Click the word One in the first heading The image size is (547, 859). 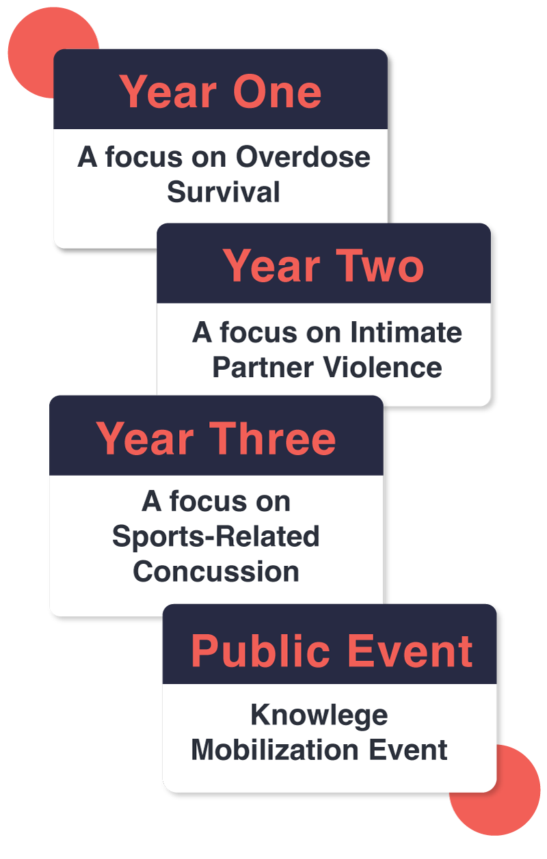pyautogui.click(x=277, y=92)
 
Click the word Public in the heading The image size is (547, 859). pyautogui.click(x=260, y=651)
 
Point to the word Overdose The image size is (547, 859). pyautogui.click(x=303, y=157)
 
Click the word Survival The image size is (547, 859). pyautogui.click(x=224, y=192)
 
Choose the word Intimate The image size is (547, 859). pyautogui.click(x=406, y=332)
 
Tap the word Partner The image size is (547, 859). pyautogui.click(x=263, y=367)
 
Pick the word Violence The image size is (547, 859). pyautogui.click(x=383, y=367)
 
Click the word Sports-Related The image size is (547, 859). pyautogui.click(x=216, y=536)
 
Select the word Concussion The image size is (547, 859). pyautogui.click(x=216, y=571)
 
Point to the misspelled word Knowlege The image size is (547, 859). pyautogui.click(x=319, y=715)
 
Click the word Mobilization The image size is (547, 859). pyautogui.click(x=275, y=750)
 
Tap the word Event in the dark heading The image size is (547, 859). pyautogui.click(x=410, y=651)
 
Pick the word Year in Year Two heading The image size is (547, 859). pyautogui.click(x=271, y=265)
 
